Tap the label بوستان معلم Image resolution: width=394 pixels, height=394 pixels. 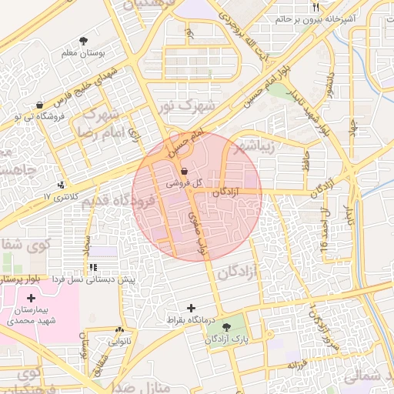point(83,54)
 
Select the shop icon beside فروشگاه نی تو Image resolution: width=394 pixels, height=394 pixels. point(40,104)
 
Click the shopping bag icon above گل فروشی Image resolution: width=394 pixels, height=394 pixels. point(184,171)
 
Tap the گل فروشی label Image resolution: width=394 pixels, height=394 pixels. point(185,182)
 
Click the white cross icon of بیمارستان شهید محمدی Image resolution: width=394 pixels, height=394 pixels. point(31,298)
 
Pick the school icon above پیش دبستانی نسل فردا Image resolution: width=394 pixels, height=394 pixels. point(93,268)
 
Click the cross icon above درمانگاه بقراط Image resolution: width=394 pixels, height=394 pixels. point(192,308)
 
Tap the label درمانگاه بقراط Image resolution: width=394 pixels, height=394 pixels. point(190,319)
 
